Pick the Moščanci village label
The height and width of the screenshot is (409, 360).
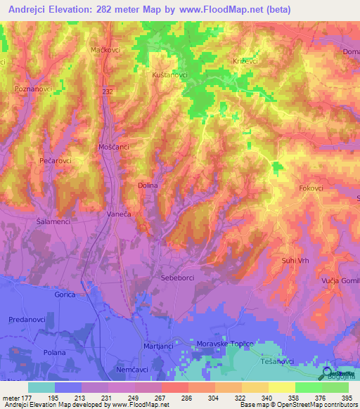coord(112,147)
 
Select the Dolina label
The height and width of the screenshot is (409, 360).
coord(147,186)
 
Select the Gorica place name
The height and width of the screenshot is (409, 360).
coord(65,295)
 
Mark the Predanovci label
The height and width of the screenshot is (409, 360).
coord(28,320)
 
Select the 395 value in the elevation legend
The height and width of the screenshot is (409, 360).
coord(347,398)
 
